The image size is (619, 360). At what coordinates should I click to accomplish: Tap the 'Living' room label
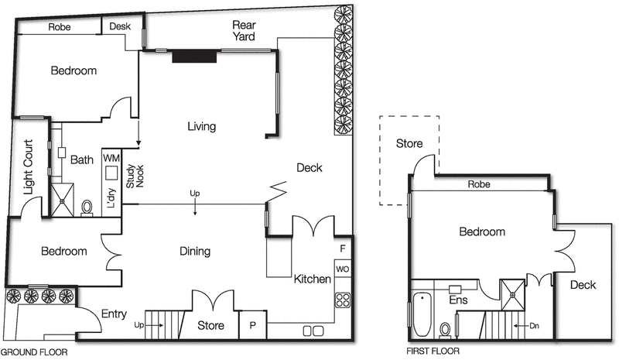pos(200,126)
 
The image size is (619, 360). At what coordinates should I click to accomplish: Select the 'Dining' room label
pos(195,252)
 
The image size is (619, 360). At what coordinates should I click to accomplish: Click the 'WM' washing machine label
pos(111,157)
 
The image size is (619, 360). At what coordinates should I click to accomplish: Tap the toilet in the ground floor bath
pos(87,207)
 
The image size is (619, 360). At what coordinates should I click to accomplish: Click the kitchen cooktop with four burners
pos(342,299)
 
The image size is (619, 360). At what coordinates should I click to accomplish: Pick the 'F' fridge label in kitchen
pos(343,249)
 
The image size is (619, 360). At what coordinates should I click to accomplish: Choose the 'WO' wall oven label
pos(342,269)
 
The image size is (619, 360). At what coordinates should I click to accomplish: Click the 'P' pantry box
pos(252,326)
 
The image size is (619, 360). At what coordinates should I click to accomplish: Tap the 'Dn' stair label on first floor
pos(534,326)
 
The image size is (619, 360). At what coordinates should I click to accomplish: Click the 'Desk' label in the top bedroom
pos(120,26)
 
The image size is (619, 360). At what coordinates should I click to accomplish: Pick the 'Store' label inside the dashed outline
pos(409,143)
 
